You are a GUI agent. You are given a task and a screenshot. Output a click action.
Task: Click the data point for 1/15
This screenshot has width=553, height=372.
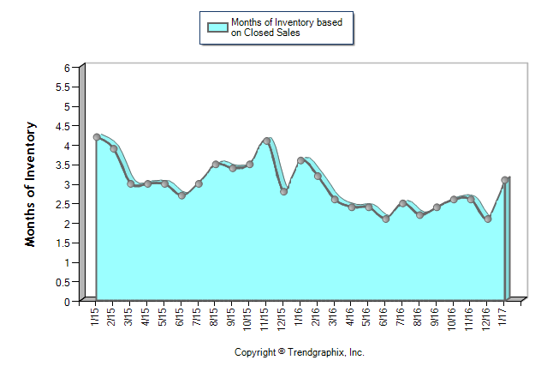[97, 137]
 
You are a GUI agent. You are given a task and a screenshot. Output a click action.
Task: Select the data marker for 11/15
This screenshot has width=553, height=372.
[267, 141]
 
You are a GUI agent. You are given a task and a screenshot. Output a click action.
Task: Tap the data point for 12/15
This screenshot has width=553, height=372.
[283, 192]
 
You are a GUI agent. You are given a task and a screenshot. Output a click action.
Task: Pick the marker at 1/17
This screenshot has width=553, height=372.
[505, 180]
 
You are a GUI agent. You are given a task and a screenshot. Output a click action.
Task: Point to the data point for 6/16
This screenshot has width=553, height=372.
[386, 219]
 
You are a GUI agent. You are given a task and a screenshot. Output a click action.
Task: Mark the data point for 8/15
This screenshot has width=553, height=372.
[216, 165]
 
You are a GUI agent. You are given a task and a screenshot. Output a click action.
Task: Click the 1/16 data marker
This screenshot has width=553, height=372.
[300, 160]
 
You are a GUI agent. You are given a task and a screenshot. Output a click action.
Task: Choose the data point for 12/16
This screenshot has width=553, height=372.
[488, 219]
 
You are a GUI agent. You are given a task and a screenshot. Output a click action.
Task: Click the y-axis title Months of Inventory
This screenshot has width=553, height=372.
[31, 184]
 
